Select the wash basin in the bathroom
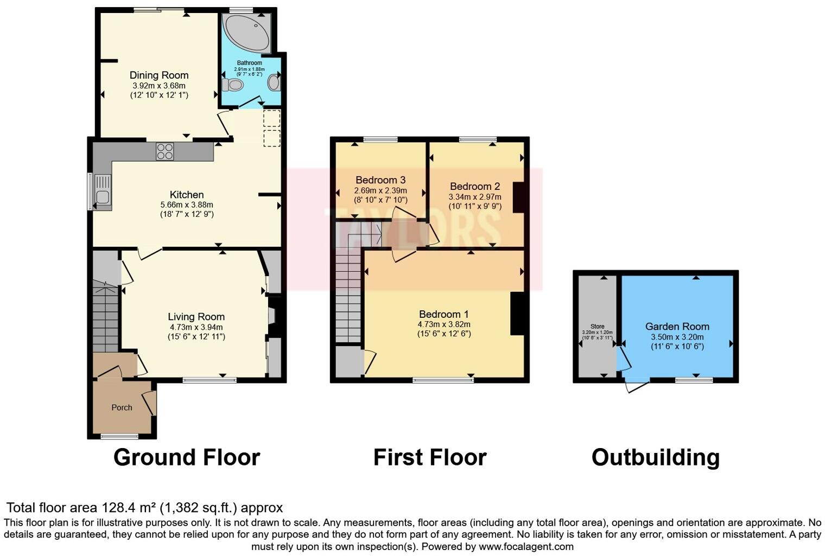pos(274,83)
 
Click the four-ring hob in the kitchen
pos(165,151)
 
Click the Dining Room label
pos(159,75)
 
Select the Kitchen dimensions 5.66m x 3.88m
pos(187,205)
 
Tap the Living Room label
pos(196,317)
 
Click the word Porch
pos(122,407)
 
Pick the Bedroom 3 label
pos(380,180)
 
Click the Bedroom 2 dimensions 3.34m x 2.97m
pos(475,197)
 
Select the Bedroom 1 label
pos(443,314)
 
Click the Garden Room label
pos(677,327)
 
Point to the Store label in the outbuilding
pos(597,327)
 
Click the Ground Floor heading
pos(186,457)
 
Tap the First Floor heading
pos(429,457)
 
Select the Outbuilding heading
pos(655,457)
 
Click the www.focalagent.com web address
pos(526,546)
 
